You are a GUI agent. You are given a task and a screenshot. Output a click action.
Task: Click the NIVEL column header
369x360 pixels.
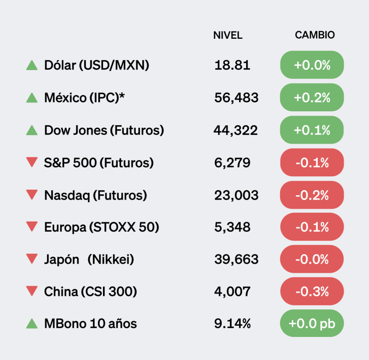[x=228, y=36]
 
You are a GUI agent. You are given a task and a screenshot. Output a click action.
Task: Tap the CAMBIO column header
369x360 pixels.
[x=315, y=36]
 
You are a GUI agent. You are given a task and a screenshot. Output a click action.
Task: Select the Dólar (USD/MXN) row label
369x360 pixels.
[x=97, y=65]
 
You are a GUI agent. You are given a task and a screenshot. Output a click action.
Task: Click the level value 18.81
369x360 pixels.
[x=232, y=65]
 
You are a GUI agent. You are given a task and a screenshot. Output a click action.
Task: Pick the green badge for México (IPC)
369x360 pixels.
[x=312, y=97]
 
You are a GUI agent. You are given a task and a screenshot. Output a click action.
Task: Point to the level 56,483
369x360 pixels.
[x=236, y=97]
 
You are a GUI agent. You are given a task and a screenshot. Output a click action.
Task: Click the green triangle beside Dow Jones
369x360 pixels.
[x=32, y=130]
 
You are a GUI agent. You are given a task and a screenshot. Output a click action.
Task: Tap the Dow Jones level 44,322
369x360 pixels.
[x=236, y=130]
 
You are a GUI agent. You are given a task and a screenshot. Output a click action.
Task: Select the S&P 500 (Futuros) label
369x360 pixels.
[x=99, y=162]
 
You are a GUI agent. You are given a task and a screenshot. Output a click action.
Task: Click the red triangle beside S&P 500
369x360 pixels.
[x=32, y=162]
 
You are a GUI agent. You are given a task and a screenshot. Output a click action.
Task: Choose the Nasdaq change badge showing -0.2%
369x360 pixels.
[x=312, y=195]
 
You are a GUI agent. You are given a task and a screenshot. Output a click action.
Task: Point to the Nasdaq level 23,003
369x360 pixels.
[x=236, y=195]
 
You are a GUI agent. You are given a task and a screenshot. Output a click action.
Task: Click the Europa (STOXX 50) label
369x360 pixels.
[x=102, y=227]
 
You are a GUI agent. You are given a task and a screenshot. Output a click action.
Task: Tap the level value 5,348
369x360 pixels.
[x=232, y=227]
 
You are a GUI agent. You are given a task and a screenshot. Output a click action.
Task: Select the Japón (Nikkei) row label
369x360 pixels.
[x=89, y=259]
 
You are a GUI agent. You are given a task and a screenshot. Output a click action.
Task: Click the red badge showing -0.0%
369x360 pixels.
[x=312, y=259]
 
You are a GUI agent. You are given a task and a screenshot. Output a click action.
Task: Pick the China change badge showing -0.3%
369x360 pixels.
[x=312, y=292]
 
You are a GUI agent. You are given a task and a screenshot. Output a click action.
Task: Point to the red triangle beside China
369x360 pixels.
[x=32, y=291]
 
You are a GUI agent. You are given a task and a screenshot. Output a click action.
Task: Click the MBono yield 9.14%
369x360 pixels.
[x=233, y=324]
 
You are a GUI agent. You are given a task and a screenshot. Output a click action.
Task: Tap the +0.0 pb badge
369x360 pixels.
[x=312, y=324]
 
